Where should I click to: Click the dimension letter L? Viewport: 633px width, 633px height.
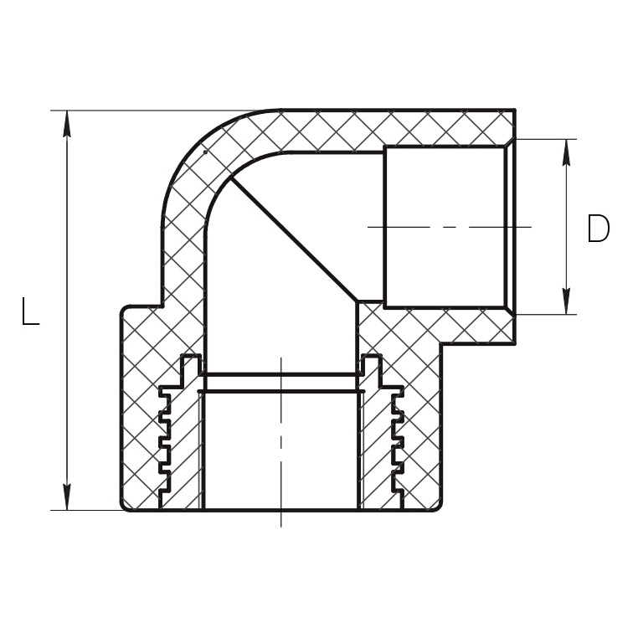pyautogui.click(x=31, y=311)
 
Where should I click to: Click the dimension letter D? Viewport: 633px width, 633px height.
pyautogui.click(x=599, y=229)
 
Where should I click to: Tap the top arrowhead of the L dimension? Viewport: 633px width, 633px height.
pyautogui.click(x=67, y=124)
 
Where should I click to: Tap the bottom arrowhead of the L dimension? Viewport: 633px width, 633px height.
pyautogui.click(x=67, y=497)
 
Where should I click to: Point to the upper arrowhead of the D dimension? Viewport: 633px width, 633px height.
pyautogui.click(x=566, y=152)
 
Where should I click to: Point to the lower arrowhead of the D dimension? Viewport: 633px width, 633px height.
pyautogui.click(x=566, y=301)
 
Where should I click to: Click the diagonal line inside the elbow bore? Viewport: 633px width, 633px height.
pyautogui.click(x=294, y=239)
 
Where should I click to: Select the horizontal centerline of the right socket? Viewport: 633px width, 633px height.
pyautogui.click(x=450, y=227)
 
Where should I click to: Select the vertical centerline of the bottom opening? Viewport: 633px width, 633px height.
pyautogui.click(x=281, y=441)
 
